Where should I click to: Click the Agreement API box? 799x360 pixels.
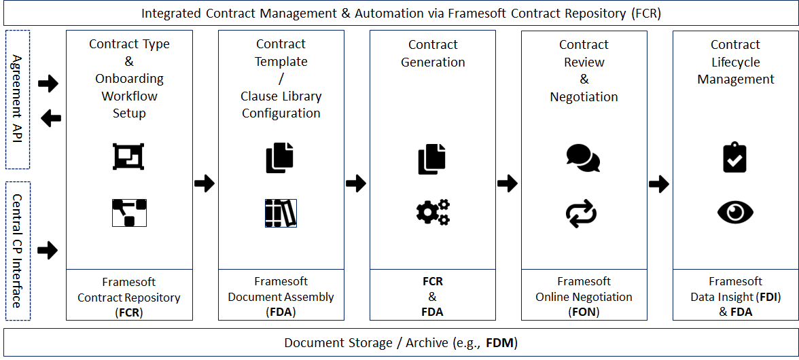click(x=18, y=99)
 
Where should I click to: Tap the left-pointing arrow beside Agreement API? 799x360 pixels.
click(x=50, y=119)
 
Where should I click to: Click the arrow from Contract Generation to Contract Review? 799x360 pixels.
click(x=508, y=183)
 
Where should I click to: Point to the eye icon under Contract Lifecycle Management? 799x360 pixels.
click(x=735, y=213)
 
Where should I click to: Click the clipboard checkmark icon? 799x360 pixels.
click(x=734, y=158)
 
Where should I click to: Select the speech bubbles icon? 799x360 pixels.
click(x=583, y=158)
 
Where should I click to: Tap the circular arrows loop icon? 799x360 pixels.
click(x=582, y=213)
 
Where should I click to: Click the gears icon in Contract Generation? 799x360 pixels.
click(x=433, y=213)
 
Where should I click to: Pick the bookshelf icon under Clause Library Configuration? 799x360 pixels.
click(x=281, y=213)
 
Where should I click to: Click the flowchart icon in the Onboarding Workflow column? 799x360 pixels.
click(x=129, y=213)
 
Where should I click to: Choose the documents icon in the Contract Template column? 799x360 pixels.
click(x=280, y=158)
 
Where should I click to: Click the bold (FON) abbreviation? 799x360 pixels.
click(x=584, y=312)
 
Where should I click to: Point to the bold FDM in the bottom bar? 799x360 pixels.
click(x=501, y=343)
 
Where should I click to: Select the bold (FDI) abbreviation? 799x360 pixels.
click(x=769, y=297)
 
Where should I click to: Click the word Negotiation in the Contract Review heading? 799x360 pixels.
click(x=584, y=96)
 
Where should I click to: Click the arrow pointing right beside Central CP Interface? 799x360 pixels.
click(x=48, y=251)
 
